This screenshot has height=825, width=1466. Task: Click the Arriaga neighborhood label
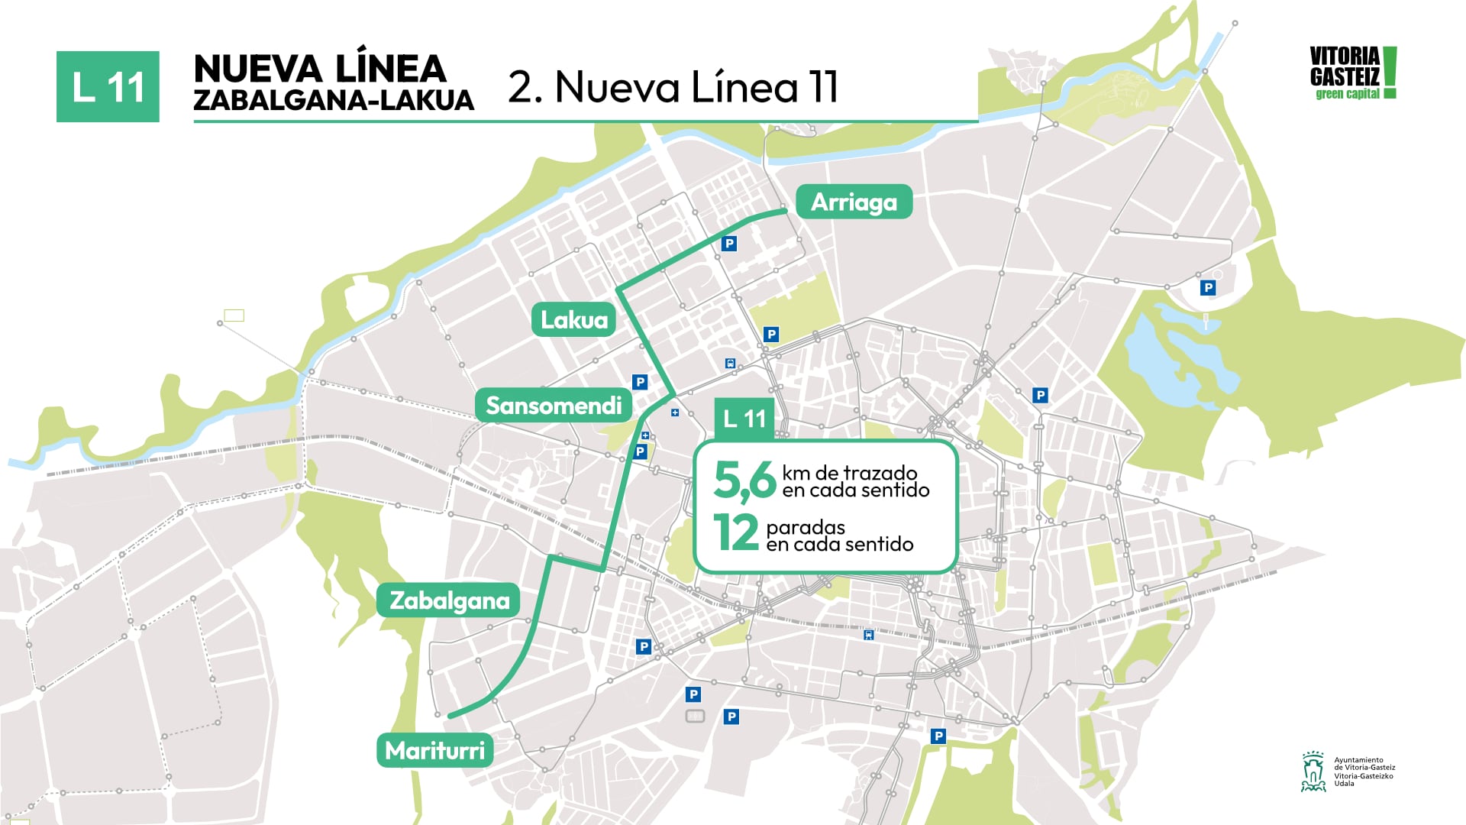coord(854,202)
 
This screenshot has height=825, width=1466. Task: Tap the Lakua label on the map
coord(574,319)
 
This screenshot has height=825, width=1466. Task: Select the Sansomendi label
coord(554,406)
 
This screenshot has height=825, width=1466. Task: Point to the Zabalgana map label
coord(449,600)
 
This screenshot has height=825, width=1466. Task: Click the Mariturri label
coord(434,751)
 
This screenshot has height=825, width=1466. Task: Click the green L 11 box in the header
coord(108,87)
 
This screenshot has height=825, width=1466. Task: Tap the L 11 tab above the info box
coord(744,419)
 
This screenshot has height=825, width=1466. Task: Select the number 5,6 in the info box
coord(744,481)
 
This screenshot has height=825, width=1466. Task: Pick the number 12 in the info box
coord(736,533)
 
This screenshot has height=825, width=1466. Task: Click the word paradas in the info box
coord(806,527)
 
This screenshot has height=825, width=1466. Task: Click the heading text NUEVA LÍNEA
coord(320,69)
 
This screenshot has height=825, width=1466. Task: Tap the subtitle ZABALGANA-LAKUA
coord(334,101)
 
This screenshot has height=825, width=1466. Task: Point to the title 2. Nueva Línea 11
coord(673,86)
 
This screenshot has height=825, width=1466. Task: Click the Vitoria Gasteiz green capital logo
coord(1352,73)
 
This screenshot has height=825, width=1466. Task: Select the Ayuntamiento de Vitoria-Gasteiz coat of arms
coord(1313,772)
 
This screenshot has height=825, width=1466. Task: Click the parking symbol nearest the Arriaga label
coord(729,244)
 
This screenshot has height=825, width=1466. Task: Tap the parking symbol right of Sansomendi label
coord(640,382)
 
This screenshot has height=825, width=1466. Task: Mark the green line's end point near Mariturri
coord(450,716)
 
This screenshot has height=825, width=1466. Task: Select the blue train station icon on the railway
coord(869,635)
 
